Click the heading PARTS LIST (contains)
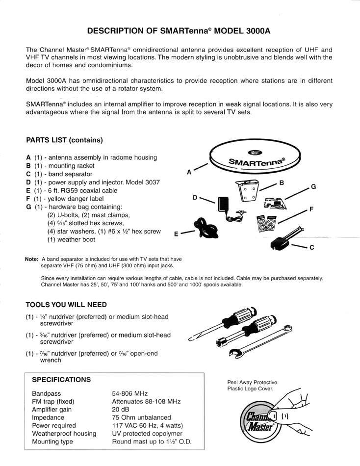click(x=65, y=140)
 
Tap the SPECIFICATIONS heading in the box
click(x=61, y=380)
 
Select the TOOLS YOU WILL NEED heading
click(x=66, y=305)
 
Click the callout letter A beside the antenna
click(x=189, y=172)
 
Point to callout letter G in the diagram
click(x=313, y=186)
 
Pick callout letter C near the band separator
click(x=312, y=247)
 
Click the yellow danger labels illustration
click(x=266, y=223)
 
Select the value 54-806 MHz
click(x=130, y=393)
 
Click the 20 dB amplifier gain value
click(x=121, y=410)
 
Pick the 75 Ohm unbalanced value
click(x=142, y=417)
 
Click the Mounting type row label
click(x=52, y=441)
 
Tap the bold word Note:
click(x=32, y=259)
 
